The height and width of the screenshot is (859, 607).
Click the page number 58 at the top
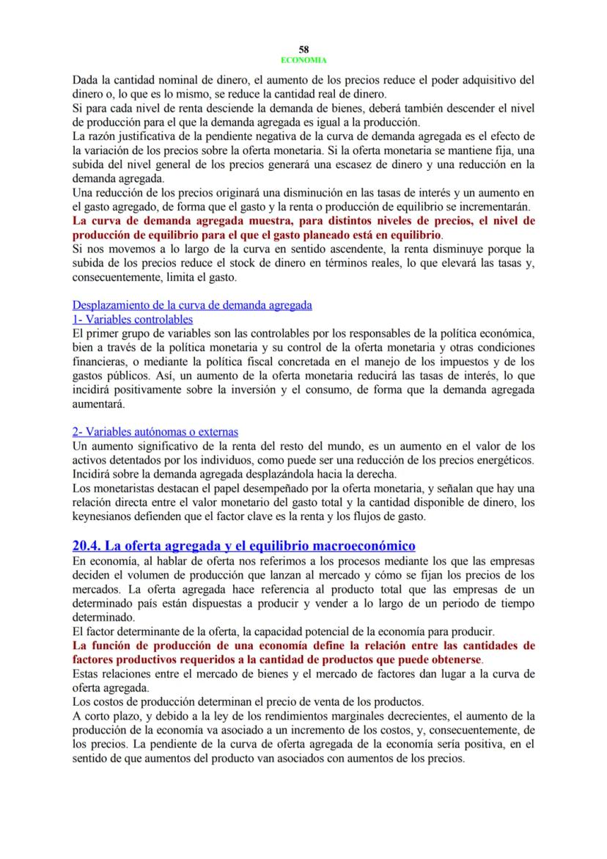[303, 49]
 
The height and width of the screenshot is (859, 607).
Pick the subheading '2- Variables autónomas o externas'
[155, 432]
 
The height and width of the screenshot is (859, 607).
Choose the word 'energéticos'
[501, 460]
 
